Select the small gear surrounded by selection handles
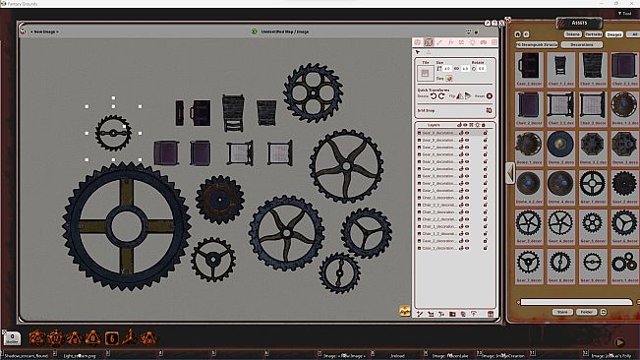coord(113,130)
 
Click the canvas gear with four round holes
coord(313,92)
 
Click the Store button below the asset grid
coord(562,311)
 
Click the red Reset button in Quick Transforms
coord(481,96)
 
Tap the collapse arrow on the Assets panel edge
coord(508,173)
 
